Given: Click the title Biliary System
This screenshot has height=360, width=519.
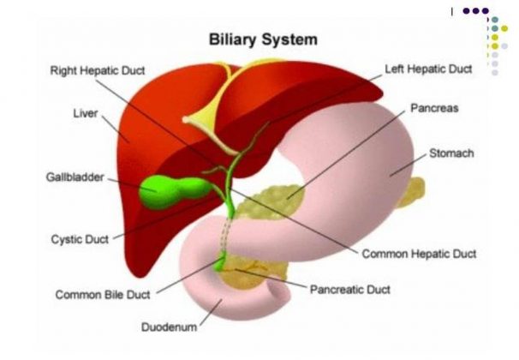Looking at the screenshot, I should click(x=264, y=39).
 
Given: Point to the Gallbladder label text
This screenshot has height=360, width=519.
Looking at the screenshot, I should click(x=75, y=177).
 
